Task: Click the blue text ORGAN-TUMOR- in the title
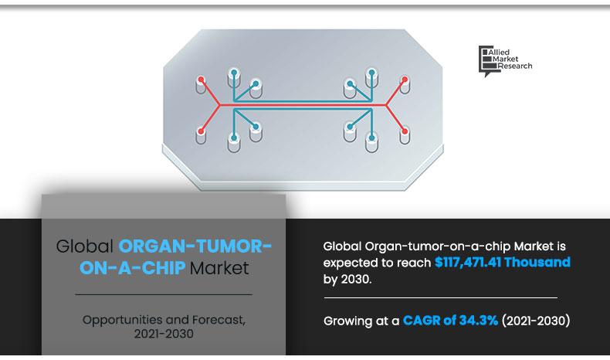(195, 247)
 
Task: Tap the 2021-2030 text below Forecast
(163, 334)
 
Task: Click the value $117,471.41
(471, 263)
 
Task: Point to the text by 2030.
(347, 279)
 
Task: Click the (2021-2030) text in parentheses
(535, 320)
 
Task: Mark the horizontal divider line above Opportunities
(163, 294)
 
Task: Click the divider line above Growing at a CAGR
(439, 297)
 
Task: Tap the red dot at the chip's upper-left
(202, 80)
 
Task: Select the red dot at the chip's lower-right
(404, 132)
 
